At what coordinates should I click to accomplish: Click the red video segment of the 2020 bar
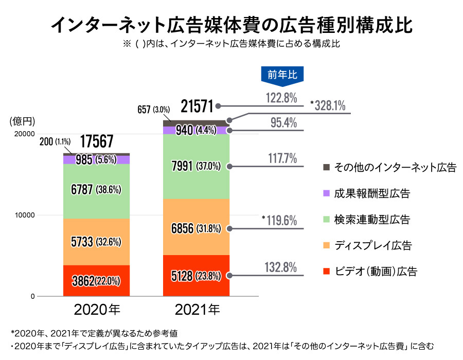point(96,281)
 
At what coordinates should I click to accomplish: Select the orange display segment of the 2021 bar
point(196,227)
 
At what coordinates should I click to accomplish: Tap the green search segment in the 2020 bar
point(96,190)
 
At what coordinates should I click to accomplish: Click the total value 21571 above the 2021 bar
point(197,105)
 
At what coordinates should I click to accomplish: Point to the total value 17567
point(97,142)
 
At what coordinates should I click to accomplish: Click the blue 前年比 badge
point(282,74)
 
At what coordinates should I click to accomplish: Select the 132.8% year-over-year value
point(281,267)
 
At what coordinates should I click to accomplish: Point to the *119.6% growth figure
point(279,221)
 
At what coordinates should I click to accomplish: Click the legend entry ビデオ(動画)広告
point(375,271)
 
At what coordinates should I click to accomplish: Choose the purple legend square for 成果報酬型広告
point(326,193)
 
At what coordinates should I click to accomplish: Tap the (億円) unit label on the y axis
point(22,121)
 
